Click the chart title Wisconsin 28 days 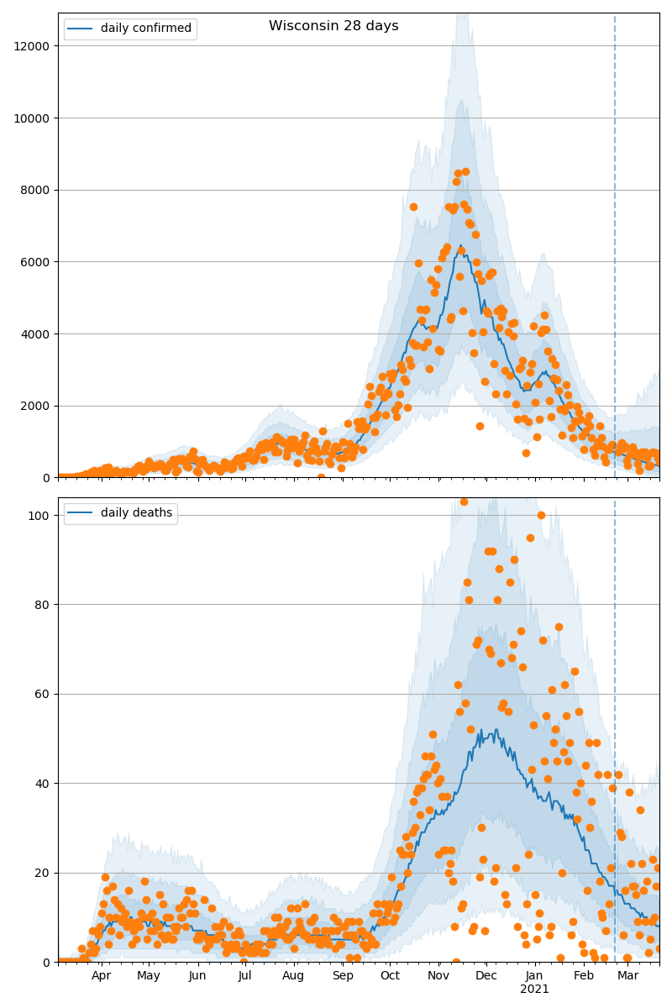[x=333, y=26]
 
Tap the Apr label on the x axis [x=102, y=976]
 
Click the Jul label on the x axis [x=244, y=976]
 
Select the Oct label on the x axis [x=390, y=976]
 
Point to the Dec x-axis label [x=486, y=976]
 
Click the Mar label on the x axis [x=628, y=976]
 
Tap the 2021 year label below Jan [x=534, y=990]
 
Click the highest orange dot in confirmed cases [x=465, y=171]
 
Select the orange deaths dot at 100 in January [x=541, y=515]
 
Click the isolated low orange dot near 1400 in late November [x=480, y=426]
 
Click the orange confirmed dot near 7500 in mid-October [x=413, y=207]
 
